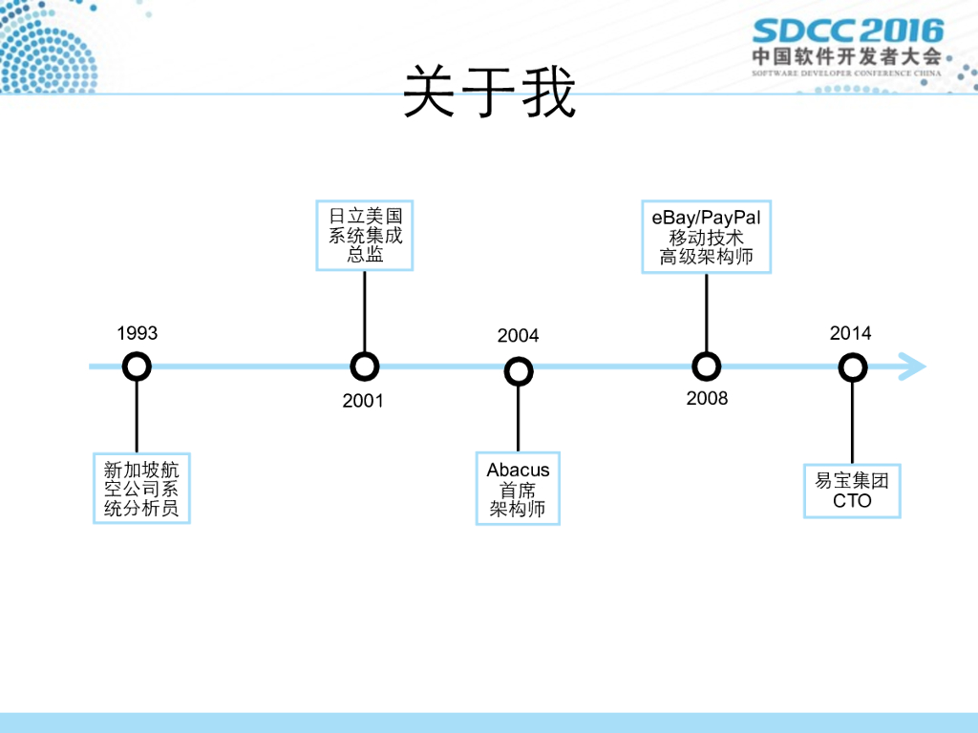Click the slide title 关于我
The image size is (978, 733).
(489, 92)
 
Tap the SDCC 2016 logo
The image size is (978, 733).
(847, 31)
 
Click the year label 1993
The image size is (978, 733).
(138, 333)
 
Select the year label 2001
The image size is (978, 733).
(363, 401)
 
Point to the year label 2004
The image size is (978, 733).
(518, 335)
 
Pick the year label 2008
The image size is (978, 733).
(707, 398)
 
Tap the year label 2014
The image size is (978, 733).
(850, 333)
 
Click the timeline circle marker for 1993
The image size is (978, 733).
(138, 366)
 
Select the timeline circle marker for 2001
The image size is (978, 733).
(364, 366)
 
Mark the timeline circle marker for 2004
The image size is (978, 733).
(518, 371)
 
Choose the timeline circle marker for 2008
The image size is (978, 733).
(706, 366)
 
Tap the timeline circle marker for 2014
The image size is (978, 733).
(852, 367)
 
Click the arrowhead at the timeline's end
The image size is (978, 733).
(913, 366)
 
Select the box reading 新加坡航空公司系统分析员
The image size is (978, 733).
(141, 489)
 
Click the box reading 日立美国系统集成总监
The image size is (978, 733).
(365, 235)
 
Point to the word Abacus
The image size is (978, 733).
(518, 470)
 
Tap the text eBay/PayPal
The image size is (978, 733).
(707, 218)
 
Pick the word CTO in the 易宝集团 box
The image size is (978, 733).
(852, 500)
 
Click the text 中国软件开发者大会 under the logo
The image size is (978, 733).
(846, 56)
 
